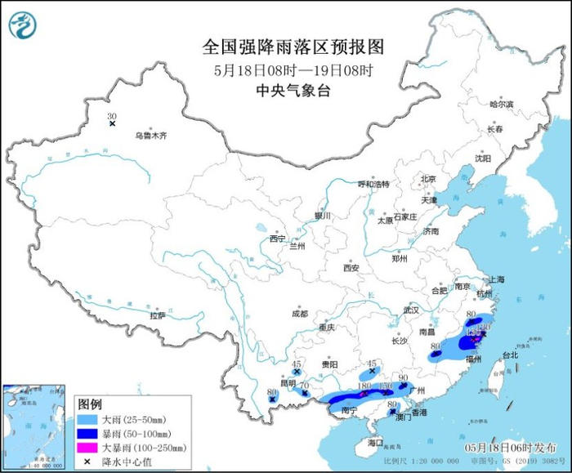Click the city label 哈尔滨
pyautogui.click(x=501, y=105)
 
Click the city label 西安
pyautogui.click(x=351, y=267)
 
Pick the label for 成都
pyautogui.click(x=299, y=314)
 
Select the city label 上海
pyautogui.click(x=499, y=279)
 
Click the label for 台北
pyautogui.click(x=509, y=355)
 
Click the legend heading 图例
pyautogui.click(x=90, y=404)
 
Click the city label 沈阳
pyautogui.click(x=485, y=159)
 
